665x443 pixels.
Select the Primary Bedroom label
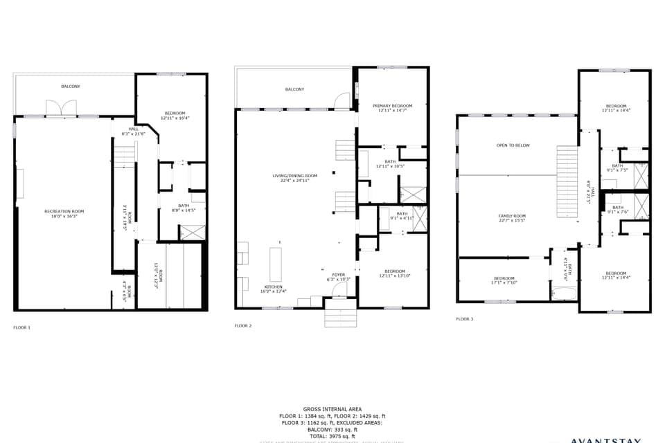click(392, 107)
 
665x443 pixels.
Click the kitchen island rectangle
click(276, 260)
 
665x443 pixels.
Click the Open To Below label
click(513, 145)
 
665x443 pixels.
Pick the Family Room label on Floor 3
click(512, 218)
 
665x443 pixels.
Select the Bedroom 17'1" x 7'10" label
click(504, 280)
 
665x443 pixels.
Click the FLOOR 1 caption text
click(22, 327)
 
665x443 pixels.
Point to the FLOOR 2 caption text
click(242, 325)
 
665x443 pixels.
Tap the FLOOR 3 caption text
click(465, 319)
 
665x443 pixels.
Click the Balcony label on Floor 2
click(294, 89)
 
